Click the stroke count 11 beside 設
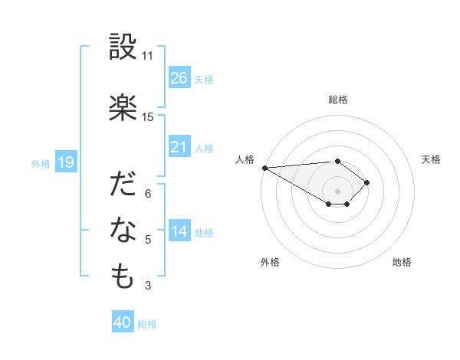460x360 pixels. (148, 56)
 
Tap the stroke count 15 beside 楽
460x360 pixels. (148, 117)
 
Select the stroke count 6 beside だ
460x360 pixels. (148, 194)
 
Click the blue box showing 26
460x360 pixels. (179, 78)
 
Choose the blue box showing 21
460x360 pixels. (179, 147)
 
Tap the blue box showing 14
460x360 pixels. (179, 231)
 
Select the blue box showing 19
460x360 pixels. (65, 162)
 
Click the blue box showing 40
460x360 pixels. (122, 323)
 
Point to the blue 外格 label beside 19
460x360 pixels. (41, 163)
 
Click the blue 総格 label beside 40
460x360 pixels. (147, 324)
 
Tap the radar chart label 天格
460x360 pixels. (432, 159)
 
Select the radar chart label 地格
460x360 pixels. (402, 262)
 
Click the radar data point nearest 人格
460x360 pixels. (264, 167)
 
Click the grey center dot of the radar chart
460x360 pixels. (337, 191)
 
